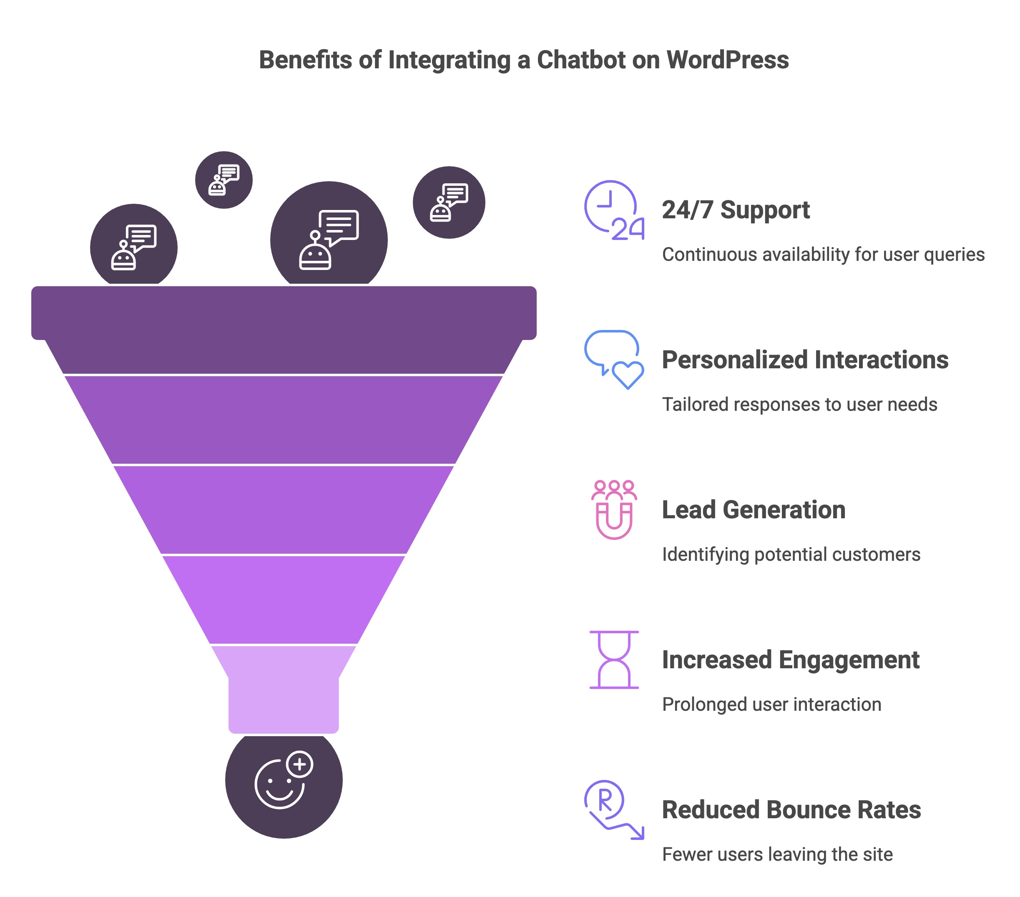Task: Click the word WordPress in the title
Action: (x=728, y=60)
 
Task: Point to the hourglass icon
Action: (x=614, y=659)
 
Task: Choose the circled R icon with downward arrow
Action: (x=613, y=810)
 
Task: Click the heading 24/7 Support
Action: (x=736, y=210)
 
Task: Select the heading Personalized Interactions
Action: (x=804, y=360)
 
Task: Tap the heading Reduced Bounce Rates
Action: (x=791, y=810)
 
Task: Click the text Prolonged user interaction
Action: (x=771, y=704)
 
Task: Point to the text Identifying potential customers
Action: (x=791, y=554)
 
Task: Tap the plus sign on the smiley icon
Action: (x=299, y=764)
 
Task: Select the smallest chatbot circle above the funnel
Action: (x=224, y=180)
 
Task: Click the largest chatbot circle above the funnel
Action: (x=329, y=238)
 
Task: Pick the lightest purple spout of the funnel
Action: (x=284, y=698)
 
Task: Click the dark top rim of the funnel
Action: (x=284, y=312)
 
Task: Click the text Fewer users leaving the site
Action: (x=777, y=854)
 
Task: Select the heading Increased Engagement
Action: (x=791, y=660)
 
